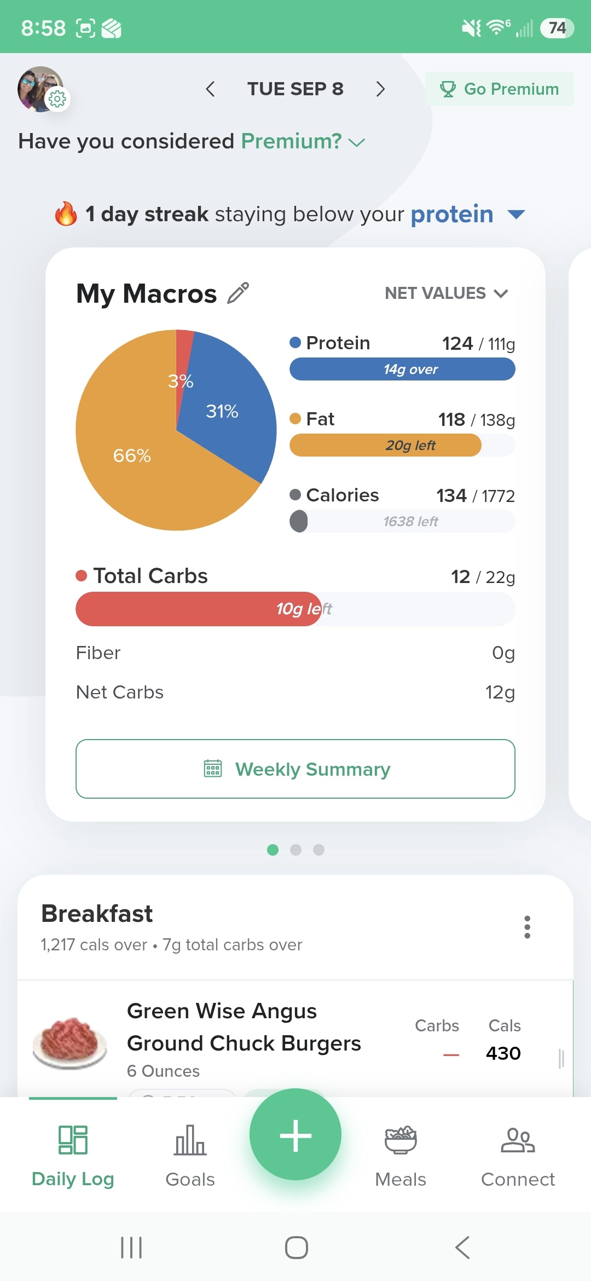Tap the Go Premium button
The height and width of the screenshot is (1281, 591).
tap(500, 89)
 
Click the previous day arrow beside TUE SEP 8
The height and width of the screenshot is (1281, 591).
tap(210, 89)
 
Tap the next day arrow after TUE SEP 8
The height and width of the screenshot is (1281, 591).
tap(381, 89)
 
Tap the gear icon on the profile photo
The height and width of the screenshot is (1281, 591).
tap(57, 99)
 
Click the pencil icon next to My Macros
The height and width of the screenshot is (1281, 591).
tap(239, 293)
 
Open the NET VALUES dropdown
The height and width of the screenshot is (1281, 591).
tap(447, 293)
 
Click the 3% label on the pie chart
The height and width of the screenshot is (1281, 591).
tap(181, 381)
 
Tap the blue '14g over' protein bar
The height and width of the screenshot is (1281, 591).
tap(402, 369)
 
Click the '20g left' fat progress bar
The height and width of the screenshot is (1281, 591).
tap(385, 445)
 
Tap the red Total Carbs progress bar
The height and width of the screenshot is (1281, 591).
tap(199, 609)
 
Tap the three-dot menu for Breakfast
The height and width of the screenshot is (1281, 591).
tap(528, 927)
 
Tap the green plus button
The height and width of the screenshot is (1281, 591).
tap(296, 1134)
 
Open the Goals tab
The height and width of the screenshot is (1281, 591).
tap(190, 1155)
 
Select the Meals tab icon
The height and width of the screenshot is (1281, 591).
tap(401, 1140)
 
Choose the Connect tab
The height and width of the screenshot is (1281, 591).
tap(518, 1155)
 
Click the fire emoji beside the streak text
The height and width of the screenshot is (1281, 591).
tap(66, 214)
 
